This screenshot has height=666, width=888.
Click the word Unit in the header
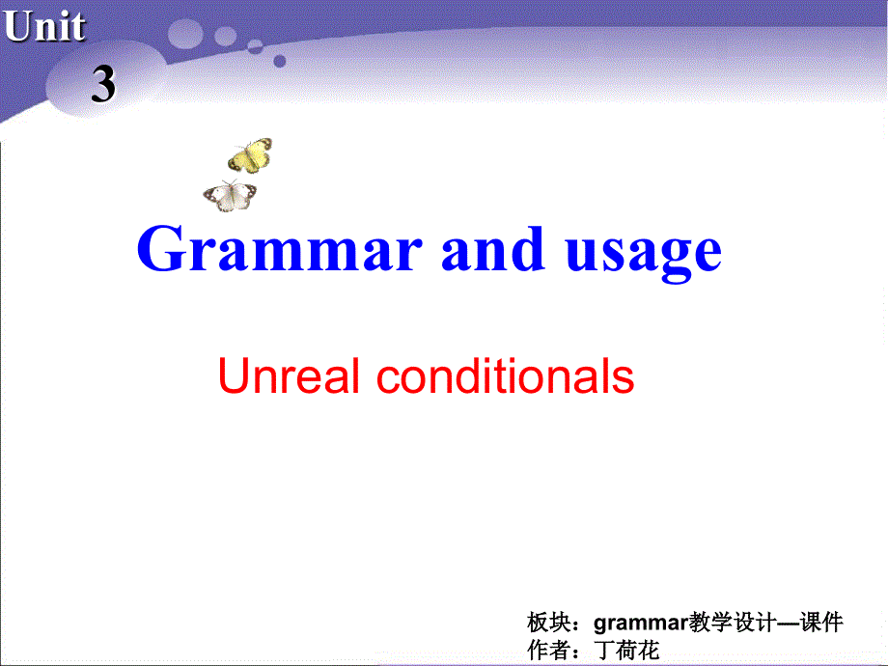(x=44, y=27)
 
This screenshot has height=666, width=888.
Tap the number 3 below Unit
(x=102, y=86)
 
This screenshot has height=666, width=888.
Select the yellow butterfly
(x=250, y=155)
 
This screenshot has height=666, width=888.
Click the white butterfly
(x=231, y=196)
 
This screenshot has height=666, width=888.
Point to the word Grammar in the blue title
(x=280, y=250)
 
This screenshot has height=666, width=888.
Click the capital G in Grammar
(x=160, y=250)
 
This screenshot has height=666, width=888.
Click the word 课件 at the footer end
(x=820, y=623)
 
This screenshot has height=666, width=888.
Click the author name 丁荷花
(x=624, y=651)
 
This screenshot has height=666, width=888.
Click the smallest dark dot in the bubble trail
(x=280, y=60)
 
